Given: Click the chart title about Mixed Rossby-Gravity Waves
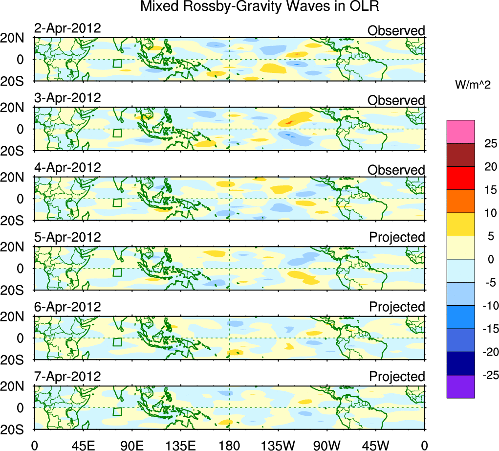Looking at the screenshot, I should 260,7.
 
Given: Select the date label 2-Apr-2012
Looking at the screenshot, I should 67,28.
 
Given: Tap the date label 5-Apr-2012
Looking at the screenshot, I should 67,237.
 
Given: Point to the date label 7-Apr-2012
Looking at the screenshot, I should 67,377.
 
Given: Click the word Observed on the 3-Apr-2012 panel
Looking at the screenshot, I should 396,100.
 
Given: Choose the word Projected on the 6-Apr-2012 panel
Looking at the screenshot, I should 397,307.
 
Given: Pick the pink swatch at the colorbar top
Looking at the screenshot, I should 460,132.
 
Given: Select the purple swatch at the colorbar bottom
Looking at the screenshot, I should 460,386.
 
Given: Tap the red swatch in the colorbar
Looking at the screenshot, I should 460,178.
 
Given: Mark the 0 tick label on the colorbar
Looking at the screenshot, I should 487,260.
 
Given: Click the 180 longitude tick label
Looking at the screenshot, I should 229,445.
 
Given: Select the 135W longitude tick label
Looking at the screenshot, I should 278,445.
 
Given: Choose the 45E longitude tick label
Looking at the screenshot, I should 83,445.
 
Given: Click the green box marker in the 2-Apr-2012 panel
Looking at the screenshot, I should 117,63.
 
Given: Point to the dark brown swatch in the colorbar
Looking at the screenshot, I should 460,155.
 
